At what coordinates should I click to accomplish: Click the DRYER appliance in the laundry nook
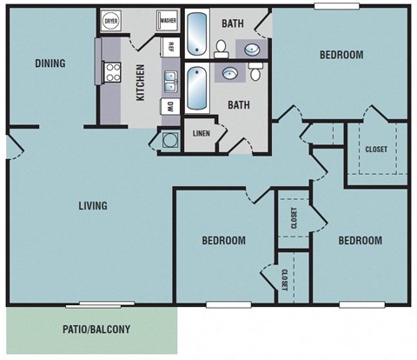coord(110,22)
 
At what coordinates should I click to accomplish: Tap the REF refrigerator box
coord(171,47)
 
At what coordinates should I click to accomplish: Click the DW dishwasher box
coord(170,107)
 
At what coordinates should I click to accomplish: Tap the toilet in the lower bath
coord(255,75)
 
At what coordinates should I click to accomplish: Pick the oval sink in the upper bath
coord(252,49)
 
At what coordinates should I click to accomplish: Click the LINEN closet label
coord(201,134)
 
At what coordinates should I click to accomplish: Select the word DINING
coord(51,63)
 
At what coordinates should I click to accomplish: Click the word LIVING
coord(92,206)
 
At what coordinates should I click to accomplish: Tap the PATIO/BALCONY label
coord(96,330)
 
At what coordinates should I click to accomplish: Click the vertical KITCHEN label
coord(139,83)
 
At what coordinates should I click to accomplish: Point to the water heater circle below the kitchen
coord(167,139)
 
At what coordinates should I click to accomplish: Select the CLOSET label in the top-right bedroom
coord(376,149)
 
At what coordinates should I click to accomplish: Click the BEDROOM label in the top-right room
coord(341,55)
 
